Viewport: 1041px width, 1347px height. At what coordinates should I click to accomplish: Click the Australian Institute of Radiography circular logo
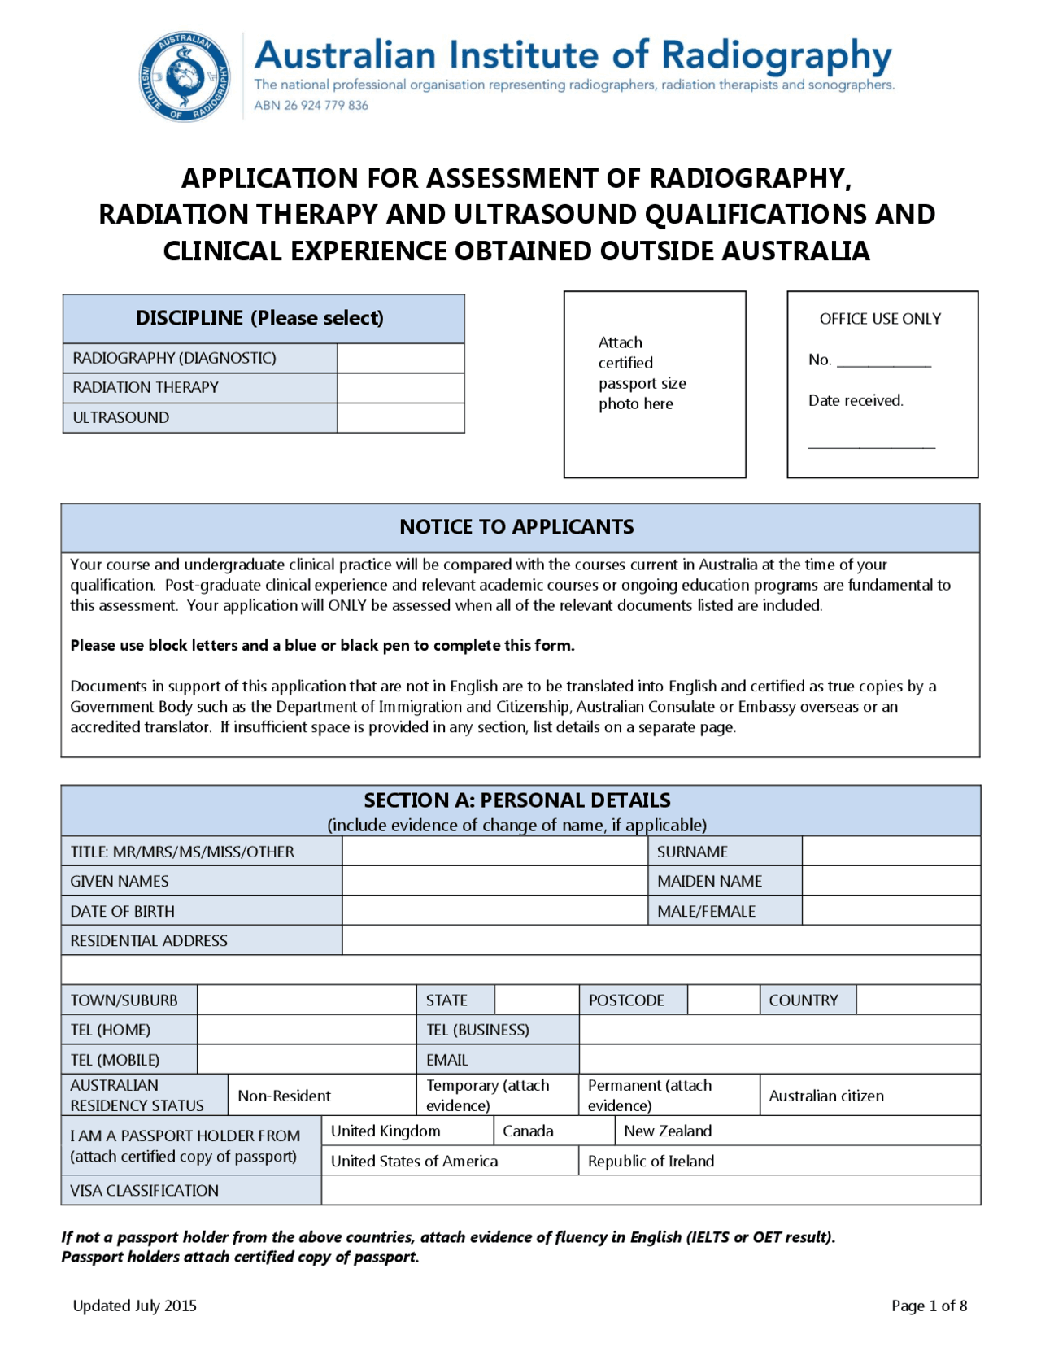pyautogui.click(x=185, y=77)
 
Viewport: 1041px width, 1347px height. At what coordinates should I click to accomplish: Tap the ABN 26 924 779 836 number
pyautogui.click(x=311, y=106)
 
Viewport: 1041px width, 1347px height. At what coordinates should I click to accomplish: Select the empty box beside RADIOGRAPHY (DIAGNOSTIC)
pyautogui.click(x=400, y=358)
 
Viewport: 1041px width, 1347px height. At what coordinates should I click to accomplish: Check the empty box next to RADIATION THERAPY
pyautogui.click(x=400, y=388)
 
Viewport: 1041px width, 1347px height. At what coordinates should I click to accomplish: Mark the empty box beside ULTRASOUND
pyautogui.click(x=400, y=418)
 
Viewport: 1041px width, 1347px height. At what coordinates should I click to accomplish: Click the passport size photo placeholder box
pyautogui.click(x=655, y=384)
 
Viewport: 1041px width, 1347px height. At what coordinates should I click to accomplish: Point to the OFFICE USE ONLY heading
pyautogui.click(x=880, y=319)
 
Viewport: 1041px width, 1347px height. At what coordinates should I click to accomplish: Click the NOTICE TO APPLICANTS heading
pyautogui.click(x=516, y=527)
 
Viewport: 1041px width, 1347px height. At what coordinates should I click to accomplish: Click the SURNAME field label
pyautogui.click(x=692, y=852)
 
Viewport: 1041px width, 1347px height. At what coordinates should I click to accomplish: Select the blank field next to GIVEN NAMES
pyautogui.click(x=494, y=881)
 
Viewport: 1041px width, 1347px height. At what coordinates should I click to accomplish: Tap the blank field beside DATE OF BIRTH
pyautogui.click(x=494, y=911)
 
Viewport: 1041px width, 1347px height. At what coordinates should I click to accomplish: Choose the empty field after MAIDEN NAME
pyautogui.click(x=891, y=881)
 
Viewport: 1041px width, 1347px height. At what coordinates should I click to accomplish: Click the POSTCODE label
pyautogui.click(x=626, y=1000)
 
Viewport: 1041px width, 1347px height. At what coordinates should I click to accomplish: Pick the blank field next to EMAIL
pyautogui.click(x=779, y=1060)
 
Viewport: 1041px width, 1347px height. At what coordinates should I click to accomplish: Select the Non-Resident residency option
pyautogui.click(x=284, y=1096)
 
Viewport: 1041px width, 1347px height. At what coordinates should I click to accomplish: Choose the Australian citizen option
pyautogui.click(x=826, y=1096)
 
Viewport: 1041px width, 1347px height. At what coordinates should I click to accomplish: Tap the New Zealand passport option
pyautogui.click(x=668, y=1131)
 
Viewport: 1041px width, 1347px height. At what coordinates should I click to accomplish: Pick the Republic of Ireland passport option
pyautogui.click(x=651, y=1162)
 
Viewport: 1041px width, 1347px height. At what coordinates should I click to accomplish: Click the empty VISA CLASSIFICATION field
pyautogui.click(x=651, y=1191)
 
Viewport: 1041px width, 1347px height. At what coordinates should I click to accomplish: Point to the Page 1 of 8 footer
pyautogui.click(x=929, y=1306)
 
